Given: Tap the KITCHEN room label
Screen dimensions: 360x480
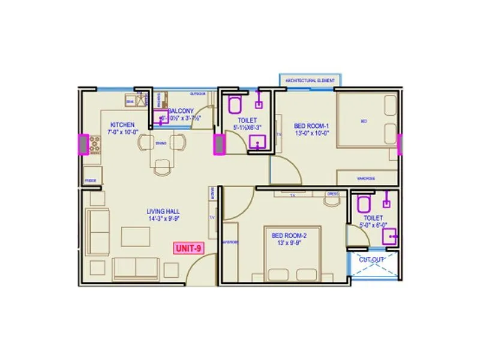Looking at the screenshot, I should pyautogui.click(x=121, y=125).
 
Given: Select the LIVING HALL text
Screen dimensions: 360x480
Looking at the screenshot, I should pyautogui.click(x=163, y=211).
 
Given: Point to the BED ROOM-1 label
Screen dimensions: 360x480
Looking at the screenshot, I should pyautogui.click(x=309, y=126).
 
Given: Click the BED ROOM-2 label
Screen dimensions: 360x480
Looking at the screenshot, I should pyautogui.click(x=289, y=236).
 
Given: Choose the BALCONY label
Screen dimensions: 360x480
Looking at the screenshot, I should pyautogui.click(x=180, y=111).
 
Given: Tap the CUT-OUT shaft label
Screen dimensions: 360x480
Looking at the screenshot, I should pyautogui.click(x=371, y=260).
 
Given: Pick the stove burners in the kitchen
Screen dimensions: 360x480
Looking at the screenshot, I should pyautogui.click(x=94, y=144).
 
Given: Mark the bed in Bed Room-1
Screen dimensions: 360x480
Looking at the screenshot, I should pyautogui.click(x=365, y=120).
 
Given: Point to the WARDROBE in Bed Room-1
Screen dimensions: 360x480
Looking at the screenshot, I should pyautogui.click(x=367, y=178).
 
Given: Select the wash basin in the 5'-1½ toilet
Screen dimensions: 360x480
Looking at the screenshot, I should pyautogui.click(x=259, y=142).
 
